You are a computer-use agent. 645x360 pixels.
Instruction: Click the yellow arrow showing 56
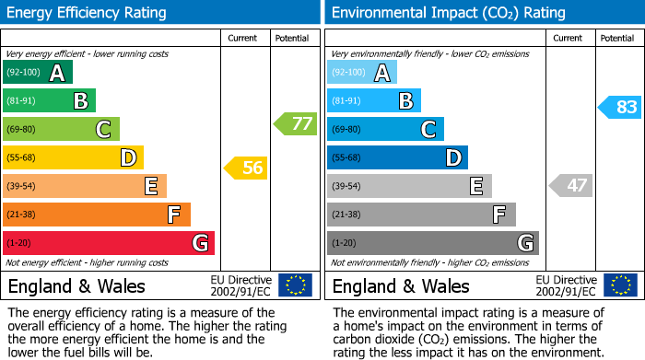tap(245, 168)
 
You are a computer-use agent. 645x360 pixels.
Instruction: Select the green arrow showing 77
tap(295, 123)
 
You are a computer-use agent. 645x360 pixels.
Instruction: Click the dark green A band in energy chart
tap(37, 73)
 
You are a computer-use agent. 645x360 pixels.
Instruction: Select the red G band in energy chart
tap(108, 243)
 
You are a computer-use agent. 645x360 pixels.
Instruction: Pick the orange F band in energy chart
tap(96, 215)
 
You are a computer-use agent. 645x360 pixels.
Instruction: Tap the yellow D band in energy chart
tap(72, 157)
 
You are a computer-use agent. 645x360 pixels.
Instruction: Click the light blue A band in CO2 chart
tap(361, 73)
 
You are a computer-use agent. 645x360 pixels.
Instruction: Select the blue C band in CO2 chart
tap(384, 129)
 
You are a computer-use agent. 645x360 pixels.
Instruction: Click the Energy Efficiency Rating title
tap(88, 13)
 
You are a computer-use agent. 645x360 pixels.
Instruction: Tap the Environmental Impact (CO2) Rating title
tap(448, 13)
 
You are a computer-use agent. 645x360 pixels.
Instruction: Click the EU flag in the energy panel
tap(295, 285)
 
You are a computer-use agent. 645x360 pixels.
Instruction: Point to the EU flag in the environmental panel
tap(619, 285)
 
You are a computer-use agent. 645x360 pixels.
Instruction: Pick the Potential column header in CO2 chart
tap(617, 38)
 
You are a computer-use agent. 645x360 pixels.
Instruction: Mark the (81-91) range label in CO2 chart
tap(347, 101)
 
